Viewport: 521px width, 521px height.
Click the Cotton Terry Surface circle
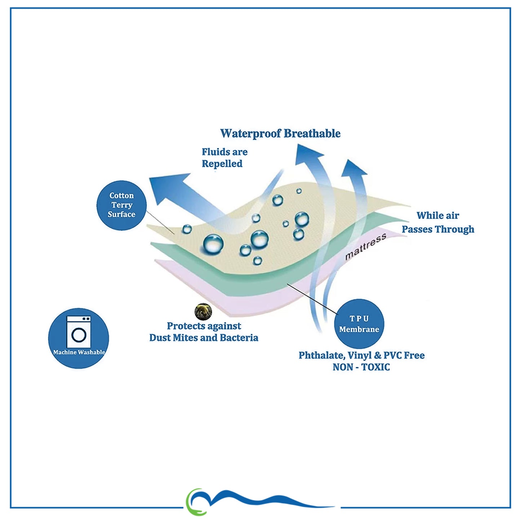122,205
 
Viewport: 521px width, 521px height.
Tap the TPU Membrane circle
359,324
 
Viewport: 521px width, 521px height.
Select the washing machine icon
79,332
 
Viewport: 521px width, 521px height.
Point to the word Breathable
312,133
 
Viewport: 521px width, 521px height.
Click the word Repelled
222,164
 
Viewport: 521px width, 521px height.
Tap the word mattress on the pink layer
366,247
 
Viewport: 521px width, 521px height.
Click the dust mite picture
203,312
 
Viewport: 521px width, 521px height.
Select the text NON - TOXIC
361,367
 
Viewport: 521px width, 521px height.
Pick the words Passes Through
438,229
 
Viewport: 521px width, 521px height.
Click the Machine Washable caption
79,352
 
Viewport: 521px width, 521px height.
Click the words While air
438,216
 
